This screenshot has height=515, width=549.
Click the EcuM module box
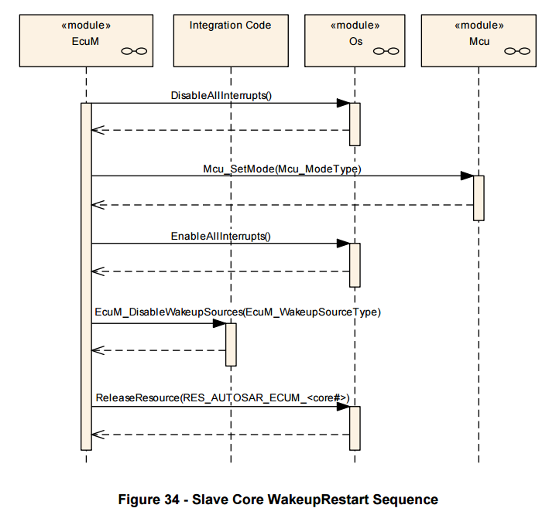point(86,40)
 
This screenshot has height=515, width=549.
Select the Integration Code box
point(231,40)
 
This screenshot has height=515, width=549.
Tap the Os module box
point(355,40)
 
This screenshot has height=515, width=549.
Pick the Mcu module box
point(479,40)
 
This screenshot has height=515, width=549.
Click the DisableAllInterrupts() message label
point(221,95)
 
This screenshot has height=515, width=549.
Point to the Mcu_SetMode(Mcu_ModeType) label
point(282,169)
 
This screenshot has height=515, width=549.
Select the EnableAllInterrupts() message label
point(221,237)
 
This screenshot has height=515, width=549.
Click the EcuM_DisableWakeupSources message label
point(238,312)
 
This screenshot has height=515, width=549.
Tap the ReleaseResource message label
point(223,398)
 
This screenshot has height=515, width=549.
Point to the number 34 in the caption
point(171,500)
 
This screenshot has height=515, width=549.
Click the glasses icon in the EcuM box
point(134,51)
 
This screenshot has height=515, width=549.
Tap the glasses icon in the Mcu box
point(517,51)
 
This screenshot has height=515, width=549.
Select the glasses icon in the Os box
point(386,51)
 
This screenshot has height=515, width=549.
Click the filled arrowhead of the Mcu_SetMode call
point(468,176)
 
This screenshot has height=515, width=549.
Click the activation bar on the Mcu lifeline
point(479,198)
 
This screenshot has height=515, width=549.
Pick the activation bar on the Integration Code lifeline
point(231,345)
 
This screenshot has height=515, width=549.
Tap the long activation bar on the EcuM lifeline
point(86,277)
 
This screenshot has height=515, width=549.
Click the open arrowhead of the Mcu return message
point(98,205)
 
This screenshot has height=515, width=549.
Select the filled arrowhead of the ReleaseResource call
point(343,407)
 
